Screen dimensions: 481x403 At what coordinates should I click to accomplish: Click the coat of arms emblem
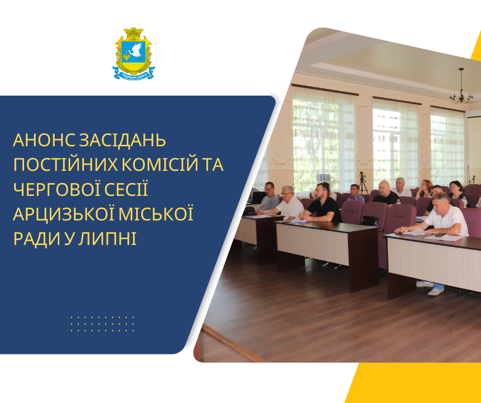click(134, 54)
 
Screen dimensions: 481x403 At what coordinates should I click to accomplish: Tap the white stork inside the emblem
click(135, 51)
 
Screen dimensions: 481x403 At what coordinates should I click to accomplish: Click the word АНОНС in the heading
click(44, 140)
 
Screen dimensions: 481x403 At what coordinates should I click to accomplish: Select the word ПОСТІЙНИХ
click(65, 165)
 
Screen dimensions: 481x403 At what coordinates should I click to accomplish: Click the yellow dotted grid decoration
click(102, 324)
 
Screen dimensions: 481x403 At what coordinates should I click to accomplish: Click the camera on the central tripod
click(362, 176)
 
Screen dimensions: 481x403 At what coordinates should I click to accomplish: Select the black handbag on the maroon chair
click(369, 220)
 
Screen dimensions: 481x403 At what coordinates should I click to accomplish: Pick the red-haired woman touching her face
click(424, 188)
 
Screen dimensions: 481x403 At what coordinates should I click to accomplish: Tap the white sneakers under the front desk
click(431, 288)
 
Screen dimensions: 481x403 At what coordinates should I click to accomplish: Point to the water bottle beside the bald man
click(399, 202)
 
